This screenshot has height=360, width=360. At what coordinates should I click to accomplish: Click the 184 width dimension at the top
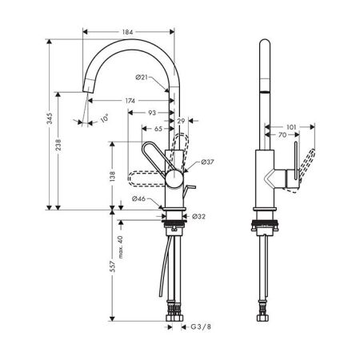click(x=127, y=32)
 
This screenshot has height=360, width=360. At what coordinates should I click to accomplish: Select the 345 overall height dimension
click(x=50, y=118)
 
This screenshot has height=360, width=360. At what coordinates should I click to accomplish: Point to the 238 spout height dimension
click(x=58, y=145)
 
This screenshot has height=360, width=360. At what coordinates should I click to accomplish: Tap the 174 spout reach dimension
click(x=130, y=101)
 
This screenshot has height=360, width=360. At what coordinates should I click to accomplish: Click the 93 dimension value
click(x=152, y=113)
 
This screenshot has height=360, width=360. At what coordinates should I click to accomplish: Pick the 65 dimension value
click(x=158, y=129)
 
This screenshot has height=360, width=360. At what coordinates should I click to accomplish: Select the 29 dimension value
click(x=181, y=121)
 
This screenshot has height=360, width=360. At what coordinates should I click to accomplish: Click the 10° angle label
click(x=105, y=118)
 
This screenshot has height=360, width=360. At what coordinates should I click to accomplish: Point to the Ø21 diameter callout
click(x=142, y=78)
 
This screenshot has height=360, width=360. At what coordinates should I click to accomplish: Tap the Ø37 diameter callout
click(x=207, y=162)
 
